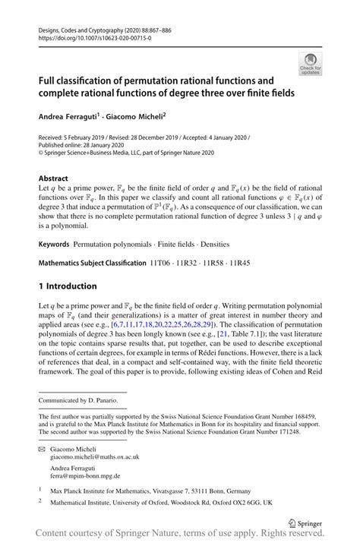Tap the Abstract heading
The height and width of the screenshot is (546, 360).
click(54, 178)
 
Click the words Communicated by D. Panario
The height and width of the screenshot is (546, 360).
click(80, 399)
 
